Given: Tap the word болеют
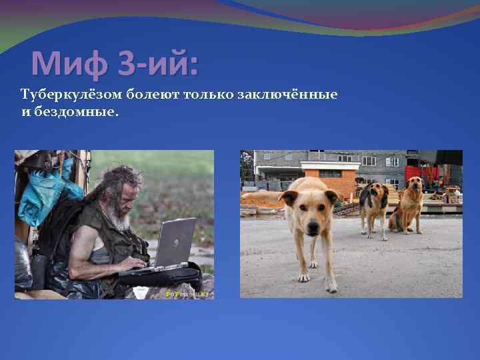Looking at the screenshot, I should [137, 95].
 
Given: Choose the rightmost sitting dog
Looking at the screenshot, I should [409, 204].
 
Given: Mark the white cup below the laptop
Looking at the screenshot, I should [141, 292].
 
